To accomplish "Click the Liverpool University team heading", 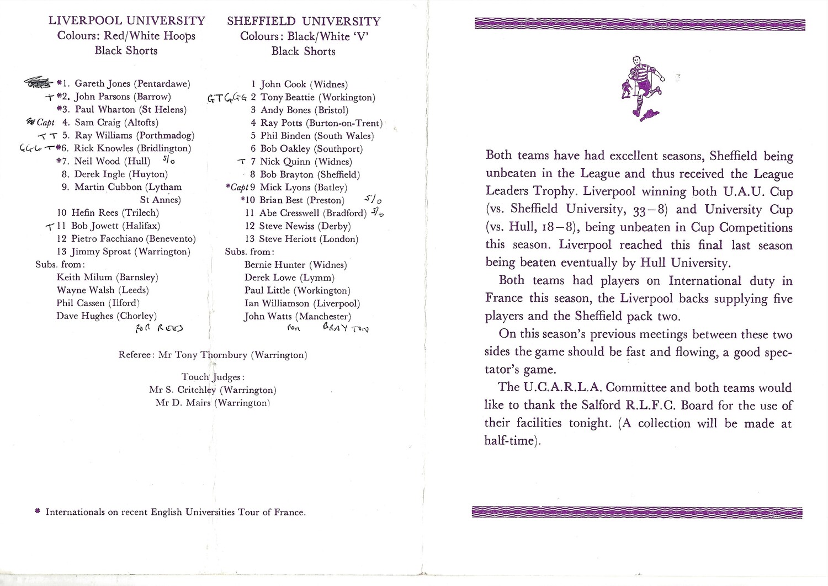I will [x=127, y=21].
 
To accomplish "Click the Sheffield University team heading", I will [x=304, y=22].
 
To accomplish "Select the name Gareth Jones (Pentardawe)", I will [x=132, y=84].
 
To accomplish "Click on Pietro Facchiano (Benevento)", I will [x=133, y=239].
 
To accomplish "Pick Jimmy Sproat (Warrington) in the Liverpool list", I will [x=131, y=252].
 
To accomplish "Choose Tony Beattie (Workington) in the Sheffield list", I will [x=317, y=97].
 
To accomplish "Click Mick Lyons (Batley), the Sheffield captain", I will [x=303, y=188].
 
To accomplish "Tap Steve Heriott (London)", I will [x=309, y=239].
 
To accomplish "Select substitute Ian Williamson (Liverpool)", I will [x=302, y=303].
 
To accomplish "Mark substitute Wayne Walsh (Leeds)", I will [x=102, y=290].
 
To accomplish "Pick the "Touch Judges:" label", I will [x=213, y=377].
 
